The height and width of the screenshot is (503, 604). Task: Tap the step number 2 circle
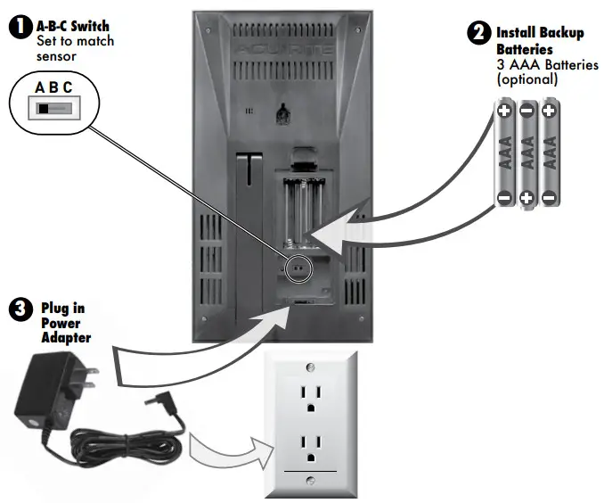tap(478, 34)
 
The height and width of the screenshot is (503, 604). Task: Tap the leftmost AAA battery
tap(504, 154)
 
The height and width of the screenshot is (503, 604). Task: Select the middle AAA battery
tap(526, 154)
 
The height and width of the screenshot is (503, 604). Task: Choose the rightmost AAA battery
tap(549, 154)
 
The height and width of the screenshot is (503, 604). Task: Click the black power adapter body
tap(45, 392)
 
